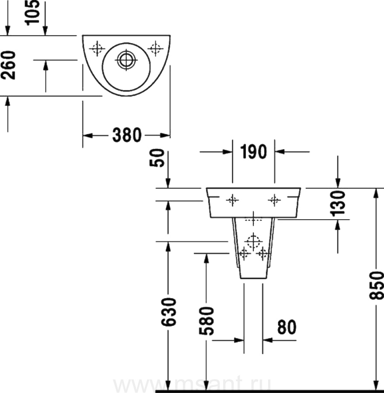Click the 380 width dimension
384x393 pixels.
tap(127, 135)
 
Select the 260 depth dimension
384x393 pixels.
tap(8, 65)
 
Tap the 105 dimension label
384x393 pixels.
tap(32, 13)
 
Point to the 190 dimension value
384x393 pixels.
tap(254, 152)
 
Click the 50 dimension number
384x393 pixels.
tap(157, 158)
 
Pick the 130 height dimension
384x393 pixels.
tap(338, 203)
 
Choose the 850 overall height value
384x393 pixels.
tap(377, 285)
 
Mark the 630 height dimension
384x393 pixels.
tap(169, 312)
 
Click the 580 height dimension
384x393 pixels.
tap(206, 321)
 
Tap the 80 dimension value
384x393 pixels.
tap(287, 327)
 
